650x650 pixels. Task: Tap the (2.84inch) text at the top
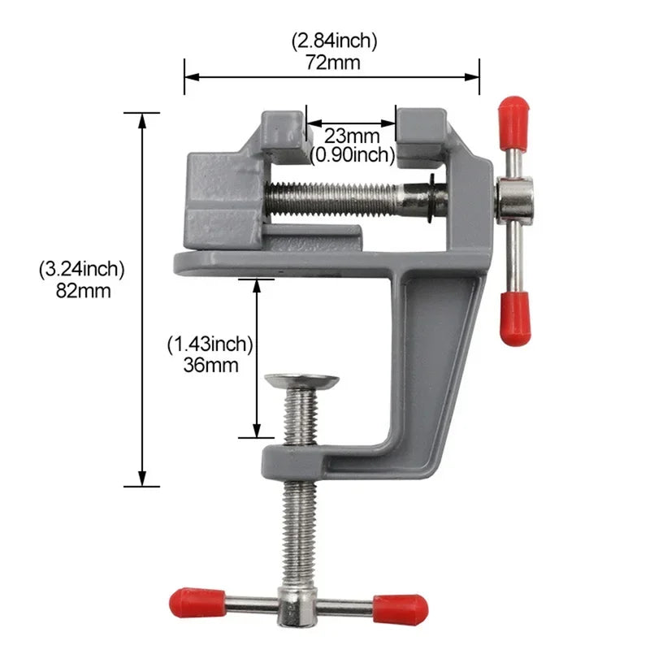tap(333, 41)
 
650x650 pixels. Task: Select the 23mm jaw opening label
tap(352, 135)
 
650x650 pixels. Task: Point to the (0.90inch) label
tap(352, 154)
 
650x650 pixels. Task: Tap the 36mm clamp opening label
tap(211, 365)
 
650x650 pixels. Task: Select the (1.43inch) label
tap(210, 344)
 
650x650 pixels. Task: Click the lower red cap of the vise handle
tap(514, 318)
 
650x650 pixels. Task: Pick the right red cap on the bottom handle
tap(400, 606)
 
